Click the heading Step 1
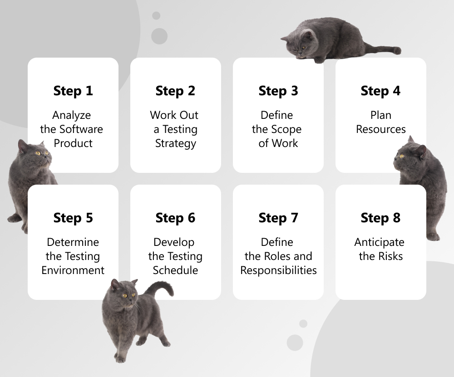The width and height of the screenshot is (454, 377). pos(73,91)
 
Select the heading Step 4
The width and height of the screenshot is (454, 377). pos(380,91)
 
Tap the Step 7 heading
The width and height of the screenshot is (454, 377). pos(278,218)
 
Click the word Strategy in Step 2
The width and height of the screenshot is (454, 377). pos(175,143)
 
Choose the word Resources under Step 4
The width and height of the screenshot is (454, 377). pos(381,129)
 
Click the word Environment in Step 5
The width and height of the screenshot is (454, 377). pos(73,270)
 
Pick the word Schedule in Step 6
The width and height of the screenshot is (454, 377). pos(175,270)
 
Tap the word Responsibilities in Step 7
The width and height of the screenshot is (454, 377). pos(278,270)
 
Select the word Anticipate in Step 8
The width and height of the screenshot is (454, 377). pos(379,242)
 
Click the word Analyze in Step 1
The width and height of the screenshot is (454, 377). pos(72,115)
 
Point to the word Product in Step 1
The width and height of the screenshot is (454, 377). pos(73,143)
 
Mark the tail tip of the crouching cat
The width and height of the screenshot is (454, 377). pos(398,50)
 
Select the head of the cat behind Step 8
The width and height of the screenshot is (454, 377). pos(410,158)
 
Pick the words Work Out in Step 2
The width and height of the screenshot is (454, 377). pos(174,115)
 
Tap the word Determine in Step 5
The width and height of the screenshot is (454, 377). pos(73,242)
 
